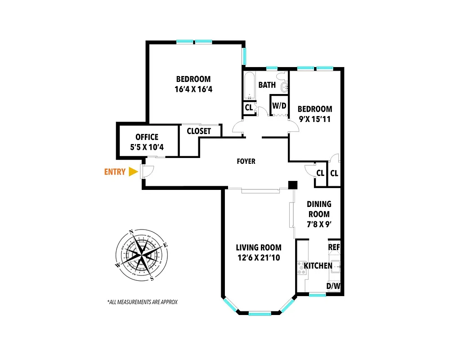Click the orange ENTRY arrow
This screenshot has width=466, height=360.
coord(133,172)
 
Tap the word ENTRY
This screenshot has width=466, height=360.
coord(115,172)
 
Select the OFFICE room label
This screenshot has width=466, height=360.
coord(147,137)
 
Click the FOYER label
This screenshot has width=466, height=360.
coord(246,161)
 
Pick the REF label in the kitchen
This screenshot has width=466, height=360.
coord(334,247)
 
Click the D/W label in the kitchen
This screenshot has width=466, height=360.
coord(333,286)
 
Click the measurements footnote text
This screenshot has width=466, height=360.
coord(142,302)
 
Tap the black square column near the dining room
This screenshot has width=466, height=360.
coord(293,184)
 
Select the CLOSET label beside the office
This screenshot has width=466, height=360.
coord(199,131)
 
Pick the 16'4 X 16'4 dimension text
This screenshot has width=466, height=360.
coord(193,89)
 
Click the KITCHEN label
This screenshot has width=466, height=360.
coord(318,266)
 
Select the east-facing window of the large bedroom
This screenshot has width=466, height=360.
coord(244,56)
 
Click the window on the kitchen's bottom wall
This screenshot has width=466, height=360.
coord(318,295)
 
